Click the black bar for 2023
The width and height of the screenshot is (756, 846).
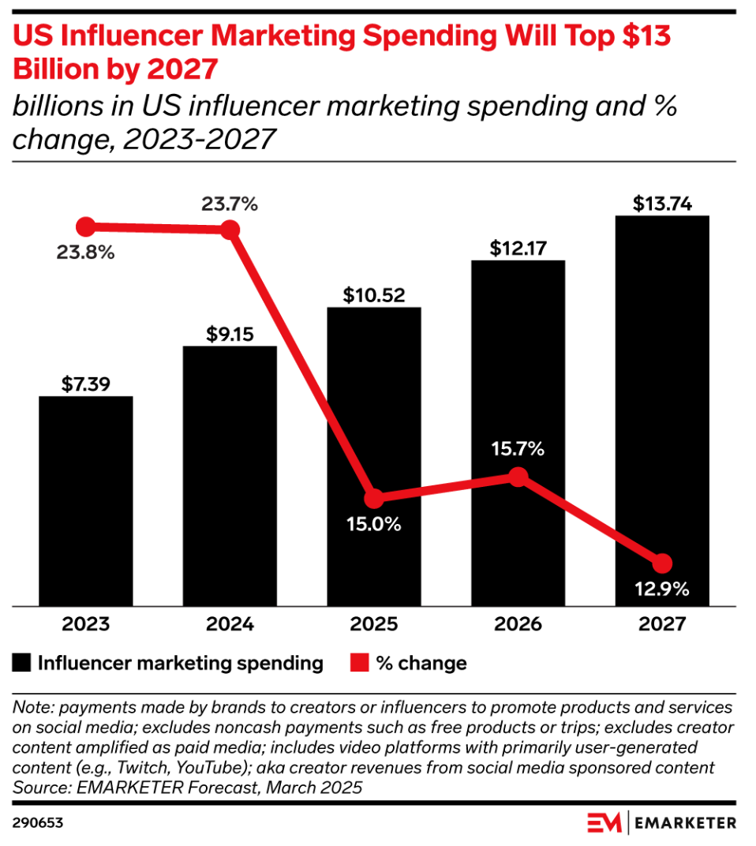click(x=85, y=500)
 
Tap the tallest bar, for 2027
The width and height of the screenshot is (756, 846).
click(x=662, y=410)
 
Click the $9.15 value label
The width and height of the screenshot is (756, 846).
click(x=230, y=334)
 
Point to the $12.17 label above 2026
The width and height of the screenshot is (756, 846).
click(x=518, y=248)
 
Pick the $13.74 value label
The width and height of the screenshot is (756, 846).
click(x=662, y=204)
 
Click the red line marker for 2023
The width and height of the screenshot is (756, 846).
click(x=85, y=227)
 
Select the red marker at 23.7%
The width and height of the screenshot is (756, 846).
click(x=230, y=230)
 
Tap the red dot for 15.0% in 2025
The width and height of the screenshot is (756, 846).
click(x=374, y=499)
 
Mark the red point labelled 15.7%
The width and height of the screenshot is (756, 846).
click(x=518, y=477)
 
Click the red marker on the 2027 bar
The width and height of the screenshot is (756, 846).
click(x=662, y=563)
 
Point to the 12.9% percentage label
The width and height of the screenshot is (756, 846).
click(x=662, y=589)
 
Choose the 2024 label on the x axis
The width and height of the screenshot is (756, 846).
click(x=230, y=624)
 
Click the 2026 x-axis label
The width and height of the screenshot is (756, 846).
click(x=518, y=624)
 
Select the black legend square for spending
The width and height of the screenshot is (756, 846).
click(x=22, y=663)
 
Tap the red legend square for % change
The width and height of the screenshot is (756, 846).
click(x=359, y=663)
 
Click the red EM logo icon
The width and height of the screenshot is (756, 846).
click(x=604, y=822)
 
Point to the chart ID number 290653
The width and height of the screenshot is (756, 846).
click(x=38, y=823)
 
